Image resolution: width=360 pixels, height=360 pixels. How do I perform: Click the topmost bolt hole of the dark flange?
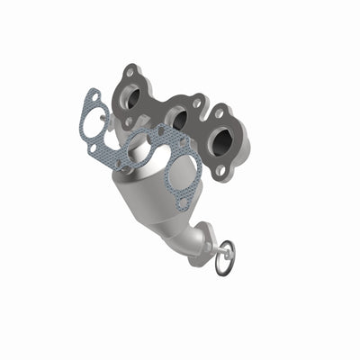(x=131, y=69)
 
